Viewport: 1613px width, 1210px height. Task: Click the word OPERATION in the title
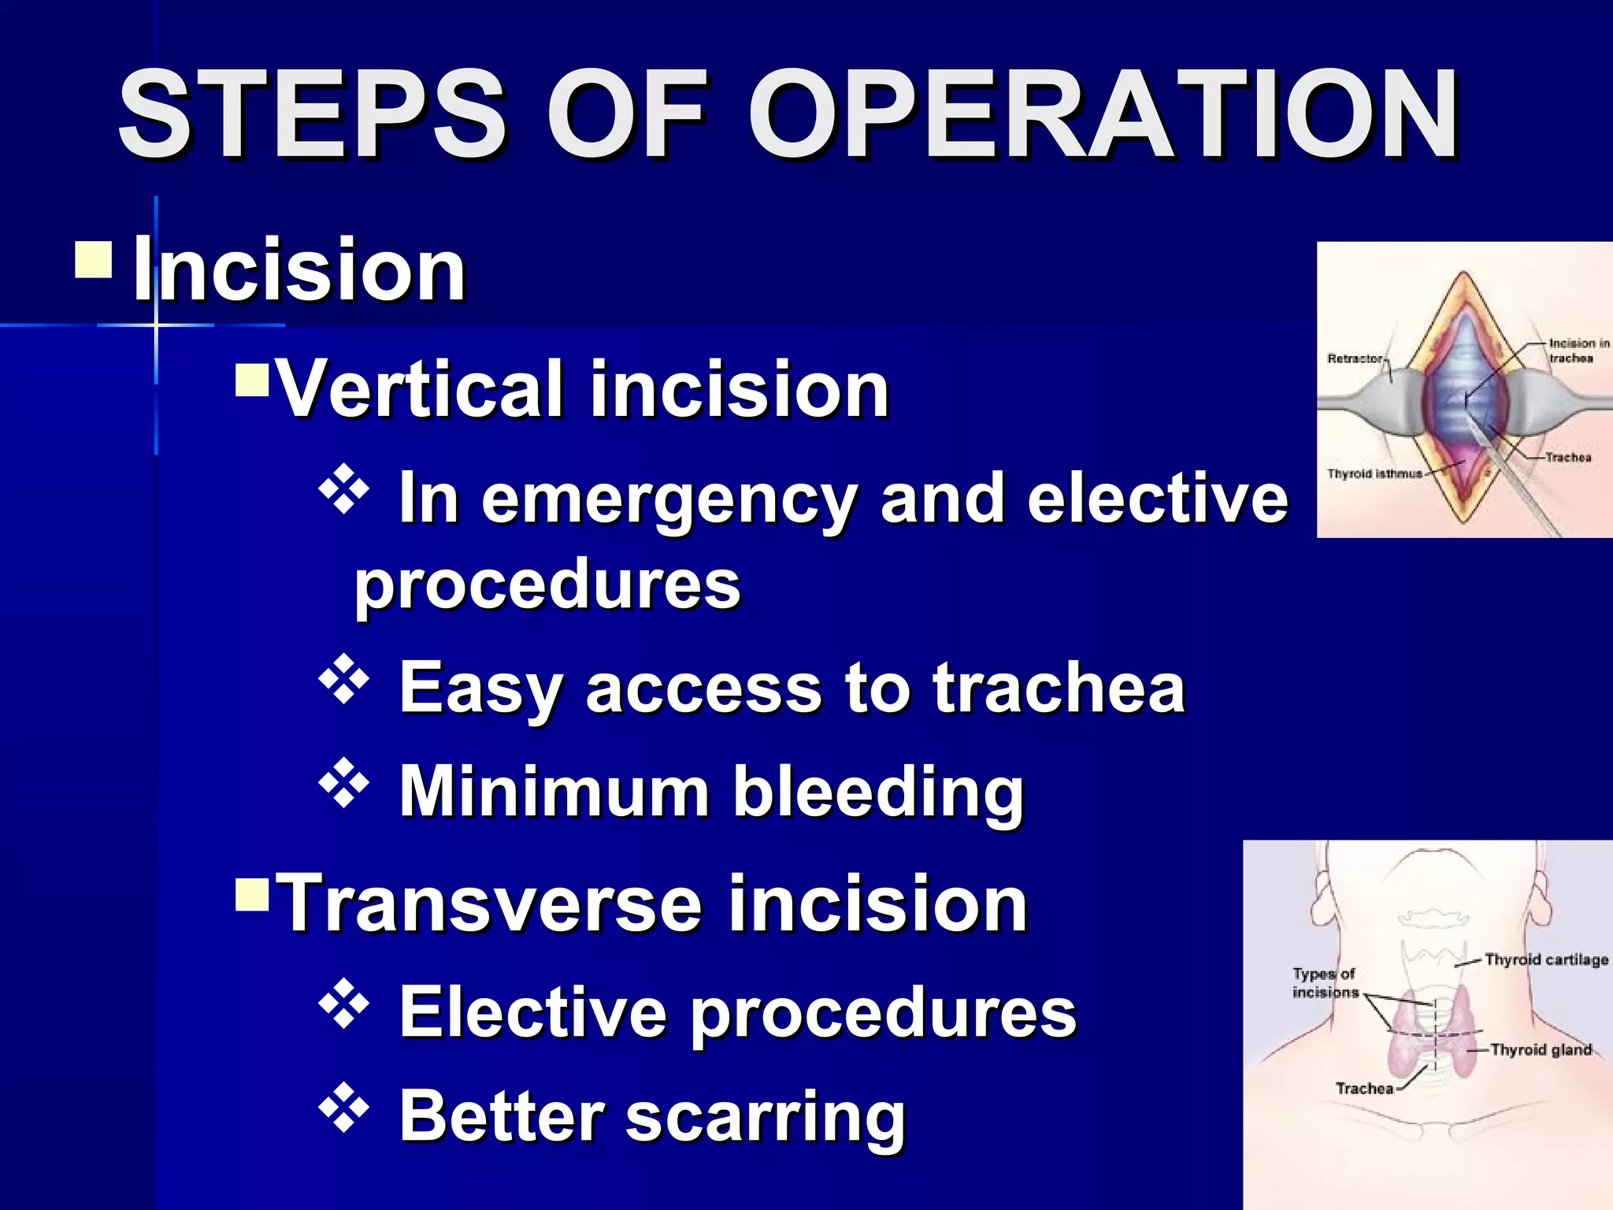pos(1103,114)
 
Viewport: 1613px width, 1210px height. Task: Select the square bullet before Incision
pos(94,261)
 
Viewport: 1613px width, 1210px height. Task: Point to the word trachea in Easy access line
pos(1059,688)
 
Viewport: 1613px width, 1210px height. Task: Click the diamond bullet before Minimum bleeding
pos(344,784)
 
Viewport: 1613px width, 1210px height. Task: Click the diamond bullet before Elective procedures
pos(344,1004)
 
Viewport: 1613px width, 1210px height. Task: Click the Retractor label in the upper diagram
pos(1355,358)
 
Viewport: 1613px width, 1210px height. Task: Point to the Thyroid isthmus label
pos(1374,473)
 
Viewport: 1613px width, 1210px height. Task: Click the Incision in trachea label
pos(1578,351)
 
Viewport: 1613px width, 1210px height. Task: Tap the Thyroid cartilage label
pos(1546,959)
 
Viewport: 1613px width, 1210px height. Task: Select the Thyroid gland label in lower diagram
pos(1541,1049)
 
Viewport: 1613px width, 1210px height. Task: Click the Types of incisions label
pos(1326,983)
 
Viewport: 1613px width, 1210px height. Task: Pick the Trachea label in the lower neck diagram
pos(1364,1088)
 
